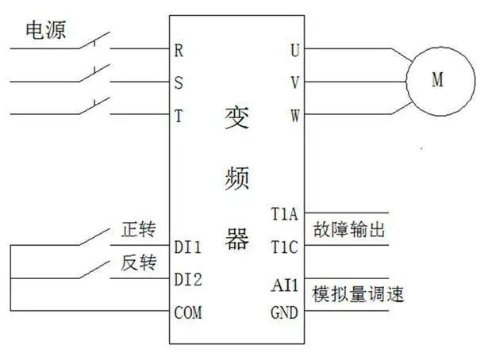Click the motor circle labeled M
click(x=440, y=80)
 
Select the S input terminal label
click(x=179, y=82)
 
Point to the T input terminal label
click(x=179, y=116)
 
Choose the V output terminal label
click(x=295, y=82)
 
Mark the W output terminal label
click(x=295, y=116)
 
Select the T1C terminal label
click(x=284, y=247)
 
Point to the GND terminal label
click(x=284, y=313)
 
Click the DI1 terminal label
click(x=187, y=247)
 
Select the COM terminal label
click(x=187, y=313)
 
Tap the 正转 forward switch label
click(x=138, y=230)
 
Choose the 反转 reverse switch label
click(x=138, y=263)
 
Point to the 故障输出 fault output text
click(x=349, y=231)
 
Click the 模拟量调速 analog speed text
click(x=359, y=294)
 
